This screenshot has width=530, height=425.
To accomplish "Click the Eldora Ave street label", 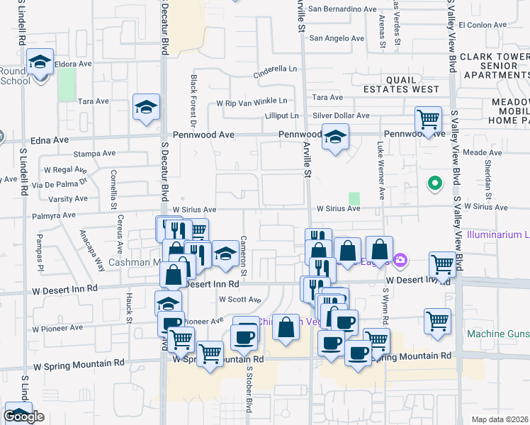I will pyautogui.click(x=74, y=63).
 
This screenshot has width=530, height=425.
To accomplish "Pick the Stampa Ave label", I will pyautogui.click(x=94, y=153).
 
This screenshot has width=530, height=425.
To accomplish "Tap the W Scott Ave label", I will pyautogui.click(x=240, y=300).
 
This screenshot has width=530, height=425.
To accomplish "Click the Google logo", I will pyautogui.click(x=23, y=417).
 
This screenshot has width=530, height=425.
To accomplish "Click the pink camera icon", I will pyautogui.click(x=400, y=261).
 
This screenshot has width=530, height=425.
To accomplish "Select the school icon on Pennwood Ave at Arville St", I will pyautogui.click(x=335, y=136).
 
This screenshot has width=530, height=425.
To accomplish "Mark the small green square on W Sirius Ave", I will pyautogui.click(x=354, y=198).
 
